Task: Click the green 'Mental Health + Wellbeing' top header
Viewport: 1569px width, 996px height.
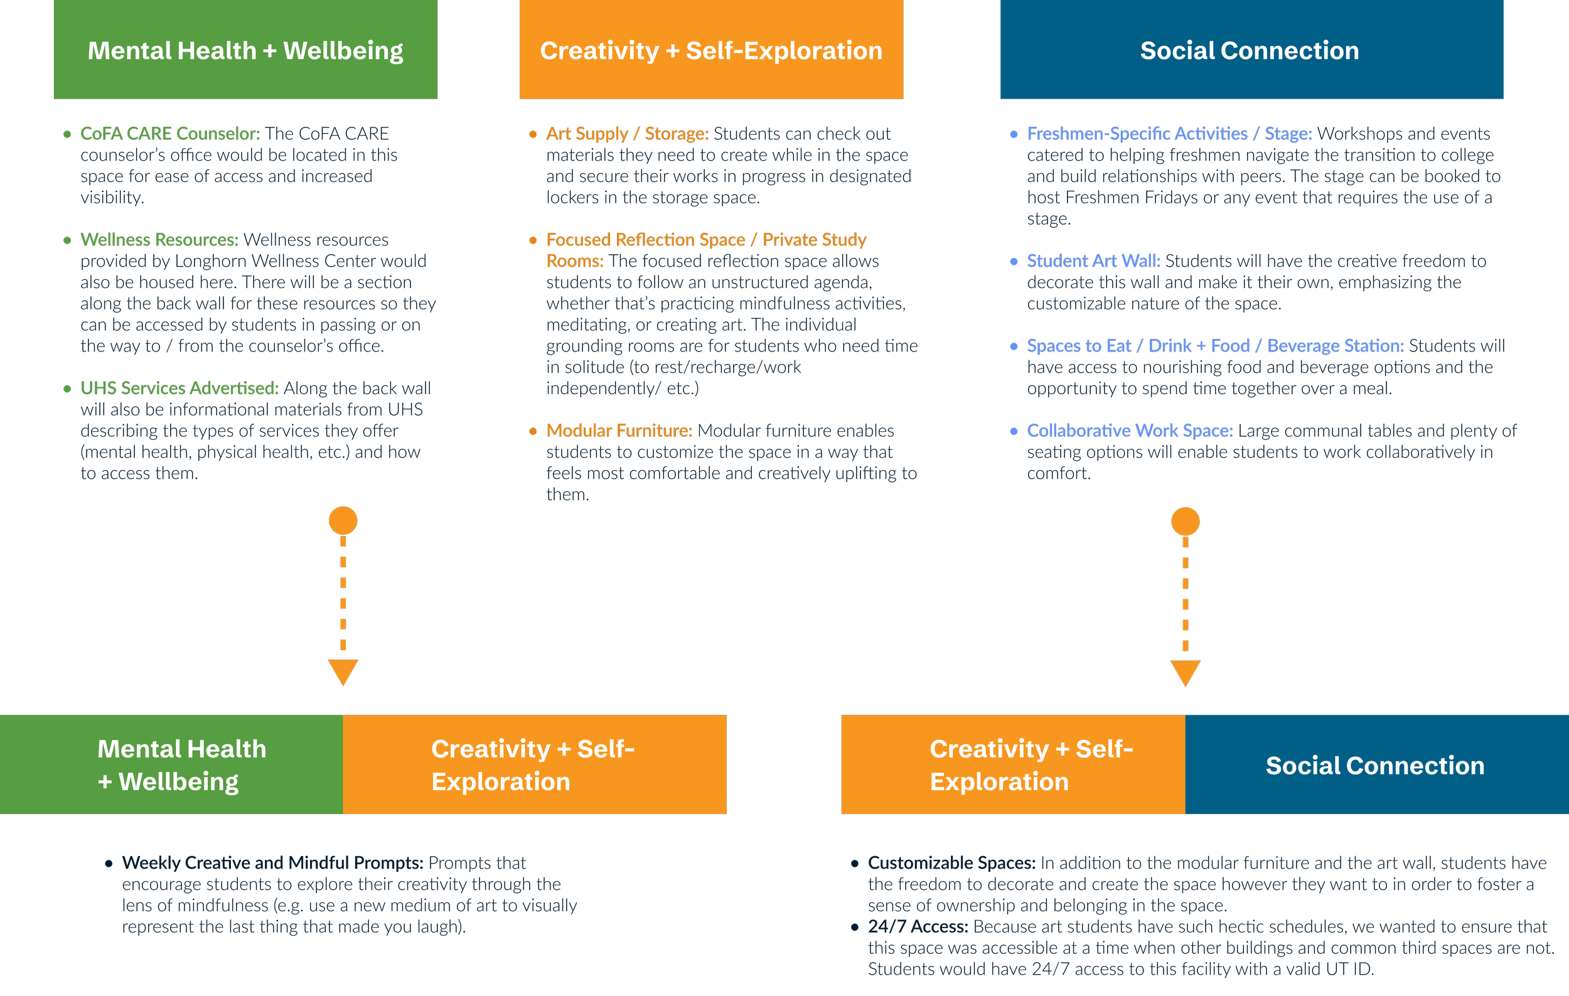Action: [245, 50]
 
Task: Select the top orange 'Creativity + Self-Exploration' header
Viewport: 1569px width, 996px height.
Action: [711, 50]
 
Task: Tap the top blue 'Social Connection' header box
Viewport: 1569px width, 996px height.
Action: [1251, 50]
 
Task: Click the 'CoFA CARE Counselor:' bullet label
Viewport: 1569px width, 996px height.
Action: [170, 134]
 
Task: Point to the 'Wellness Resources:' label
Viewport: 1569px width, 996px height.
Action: [159, 240]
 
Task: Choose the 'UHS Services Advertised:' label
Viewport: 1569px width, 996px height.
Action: [179, 388]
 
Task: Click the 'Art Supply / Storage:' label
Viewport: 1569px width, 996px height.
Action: [627, 134]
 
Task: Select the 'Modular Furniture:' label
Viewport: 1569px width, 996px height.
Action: [619, 431]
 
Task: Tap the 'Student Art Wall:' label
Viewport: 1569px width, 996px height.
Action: [1093, 261]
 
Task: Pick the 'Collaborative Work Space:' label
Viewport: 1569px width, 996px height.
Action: [1130, 431]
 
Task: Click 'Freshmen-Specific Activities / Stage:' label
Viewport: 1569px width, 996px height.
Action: [1169, 134]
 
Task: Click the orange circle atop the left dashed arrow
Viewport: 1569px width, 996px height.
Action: [343, 520]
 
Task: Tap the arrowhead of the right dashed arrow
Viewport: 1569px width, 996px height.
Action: [1185, 673]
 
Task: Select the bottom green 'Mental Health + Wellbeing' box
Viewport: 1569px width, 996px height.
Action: [171, 765]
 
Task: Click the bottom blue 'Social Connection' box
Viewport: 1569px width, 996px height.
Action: [1376, 765]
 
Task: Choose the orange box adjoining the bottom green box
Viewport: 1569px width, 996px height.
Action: [534, 765]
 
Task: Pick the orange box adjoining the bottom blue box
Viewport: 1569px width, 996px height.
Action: [1013, 765]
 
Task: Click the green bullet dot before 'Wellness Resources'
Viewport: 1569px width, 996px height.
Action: [67, 240]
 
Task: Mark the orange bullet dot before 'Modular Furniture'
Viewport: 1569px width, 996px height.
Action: [533, 431]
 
